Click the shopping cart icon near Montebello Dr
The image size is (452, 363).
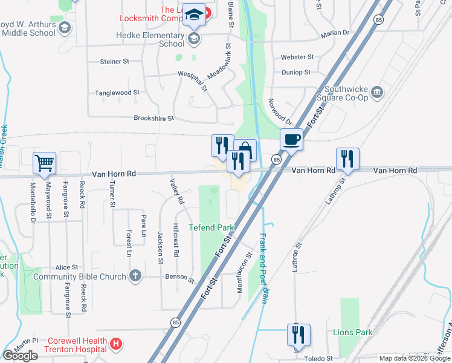[x=45, y=163]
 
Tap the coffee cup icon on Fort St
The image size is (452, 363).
[x=292, y=139]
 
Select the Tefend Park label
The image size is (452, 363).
[x=211, y=227]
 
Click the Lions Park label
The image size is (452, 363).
[x=353, y=332]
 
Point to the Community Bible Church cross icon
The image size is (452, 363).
[x=135, y=276]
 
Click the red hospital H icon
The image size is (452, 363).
[x=117, y=345]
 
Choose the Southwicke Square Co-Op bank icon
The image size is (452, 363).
[x=378, y=93]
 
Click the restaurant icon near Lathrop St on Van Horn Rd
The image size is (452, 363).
[x=347, y=159]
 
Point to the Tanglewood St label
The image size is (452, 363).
[x=117, y=93]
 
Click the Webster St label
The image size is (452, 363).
[x=297, y=57]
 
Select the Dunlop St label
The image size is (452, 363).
[x=296, y=72]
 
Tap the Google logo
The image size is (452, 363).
[x=21, y=356]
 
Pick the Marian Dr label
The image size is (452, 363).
[x=335, y=33]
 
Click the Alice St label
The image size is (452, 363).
[x=66, y=267]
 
